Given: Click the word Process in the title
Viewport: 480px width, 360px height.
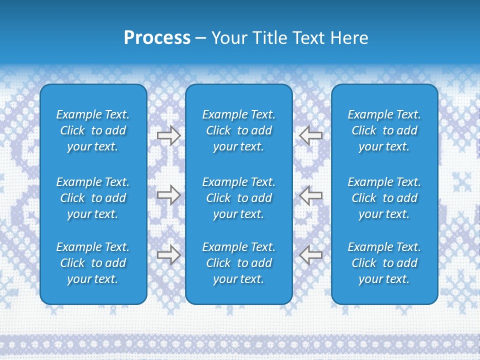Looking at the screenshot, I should [157, 38].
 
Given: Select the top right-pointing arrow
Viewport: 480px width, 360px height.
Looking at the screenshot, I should [168, 135].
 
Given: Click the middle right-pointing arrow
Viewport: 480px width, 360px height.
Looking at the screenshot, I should [168, 195].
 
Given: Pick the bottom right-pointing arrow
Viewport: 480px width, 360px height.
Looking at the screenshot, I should [168, 255].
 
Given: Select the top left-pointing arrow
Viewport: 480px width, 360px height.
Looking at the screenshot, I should [311, 135].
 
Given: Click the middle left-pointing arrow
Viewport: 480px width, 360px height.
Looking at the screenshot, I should [311, 195].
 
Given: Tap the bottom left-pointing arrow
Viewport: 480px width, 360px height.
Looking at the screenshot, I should [311, 255].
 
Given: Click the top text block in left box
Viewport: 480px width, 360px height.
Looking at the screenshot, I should [93, 130].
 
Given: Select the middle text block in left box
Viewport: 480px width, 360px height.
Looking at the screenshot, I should [93, 198].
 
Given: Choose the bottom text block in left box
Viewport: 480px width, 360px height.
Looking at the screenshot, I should [93, 263].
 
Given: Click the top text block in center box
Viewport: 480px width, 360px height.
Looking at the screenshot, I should [239, 130].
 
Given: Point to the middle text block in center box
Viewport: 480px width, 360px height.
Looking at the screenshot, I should [239, 198].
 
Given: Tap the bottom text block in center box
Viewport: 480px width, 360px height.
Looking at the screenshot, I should [239, 263].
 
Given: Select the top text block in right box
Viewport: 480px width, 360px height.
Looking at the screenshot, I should [384, 130].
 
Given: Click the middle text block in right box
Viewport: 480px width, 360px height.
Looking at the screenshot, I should [384, 198].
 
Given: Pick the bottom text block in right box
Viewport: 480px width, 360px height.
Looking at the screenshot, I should [384, 263].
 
